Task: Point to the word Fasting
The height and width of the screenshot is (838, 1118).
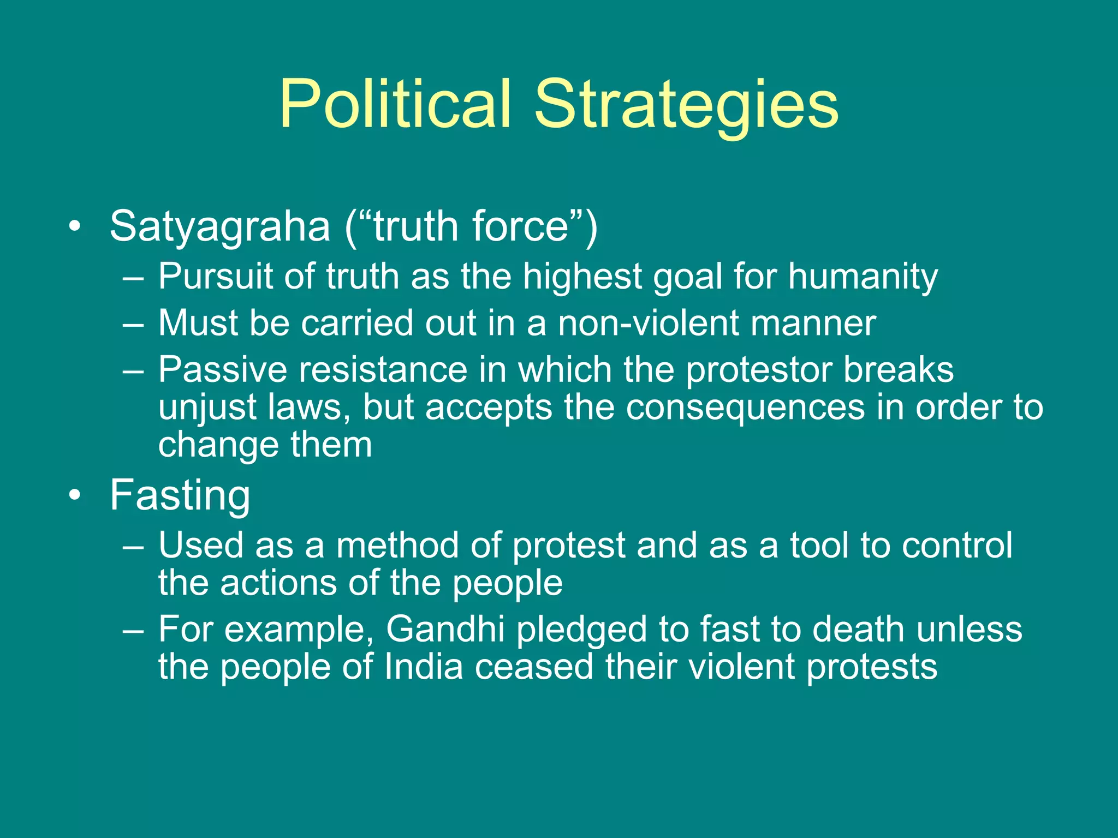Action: pos(180,495)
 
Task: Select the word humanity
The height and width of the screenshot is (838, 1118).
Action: pos(863,276)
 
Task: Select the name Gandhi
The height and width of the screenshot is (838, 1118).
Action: pos(445,629)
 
